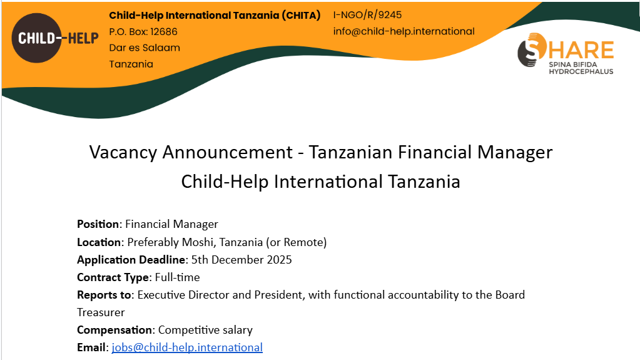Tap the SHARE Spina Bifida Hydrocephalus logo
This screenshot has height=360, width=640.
566,53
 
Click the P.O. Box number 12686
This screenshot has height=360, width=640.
164,32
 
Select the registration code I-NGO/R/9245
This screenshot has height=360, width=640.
367,15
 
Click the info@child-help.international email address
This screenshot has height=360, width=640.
404,31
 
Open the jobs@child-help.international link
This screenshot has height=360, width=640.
187,347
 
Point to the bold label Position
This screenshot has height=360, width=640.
98,224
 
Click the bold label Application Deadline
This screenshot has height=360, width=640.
131,260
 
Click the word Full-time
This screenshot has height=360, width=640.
177,277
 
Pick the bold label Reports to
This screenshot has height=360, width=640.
104,295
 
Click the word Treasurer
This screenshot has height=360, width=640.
101,312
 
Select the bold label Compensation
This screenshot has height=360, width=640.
114,330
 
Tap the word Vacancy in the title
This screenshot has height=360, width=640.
123,152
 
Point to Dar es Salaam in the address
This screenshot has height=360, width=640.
145,48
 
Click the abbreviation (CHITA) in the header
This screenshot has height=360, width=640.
301,16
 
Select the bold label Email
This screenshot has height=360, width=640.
91,347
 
